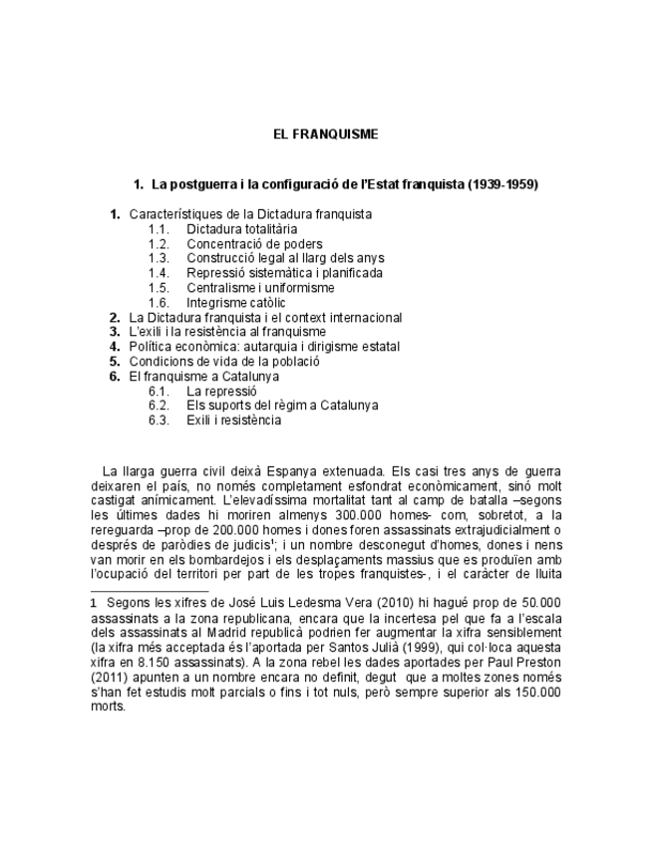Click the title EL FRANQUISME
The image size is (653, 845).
coord(326,134)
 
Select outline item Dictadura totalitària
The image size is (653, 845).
coord(241,229)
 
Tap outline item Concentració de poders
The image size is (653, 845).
coord(254,244)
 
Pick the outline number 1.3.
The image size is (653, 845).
coord(159,258)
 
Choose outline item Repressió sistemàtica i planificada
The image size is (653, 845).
coord(284,273)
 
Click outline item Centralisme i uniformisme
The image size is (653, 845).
coord(260,288)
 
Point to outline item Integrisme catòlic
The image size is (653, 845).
coord(235,302)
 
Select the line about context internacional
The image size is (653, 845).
coord(266,318)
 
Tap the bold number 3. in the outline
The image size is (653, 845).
coord(115,332)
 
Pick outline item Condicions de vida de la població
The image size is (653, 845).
coord(224,362)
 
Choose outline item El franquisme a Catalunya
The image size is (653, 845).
coord(204,377)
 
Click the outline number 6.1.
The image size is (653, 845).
coord(159,392)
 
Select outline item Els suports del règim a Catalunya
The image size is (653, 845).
coord(282,406)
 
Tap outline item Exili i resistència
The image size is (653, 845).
coord(233,421)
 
